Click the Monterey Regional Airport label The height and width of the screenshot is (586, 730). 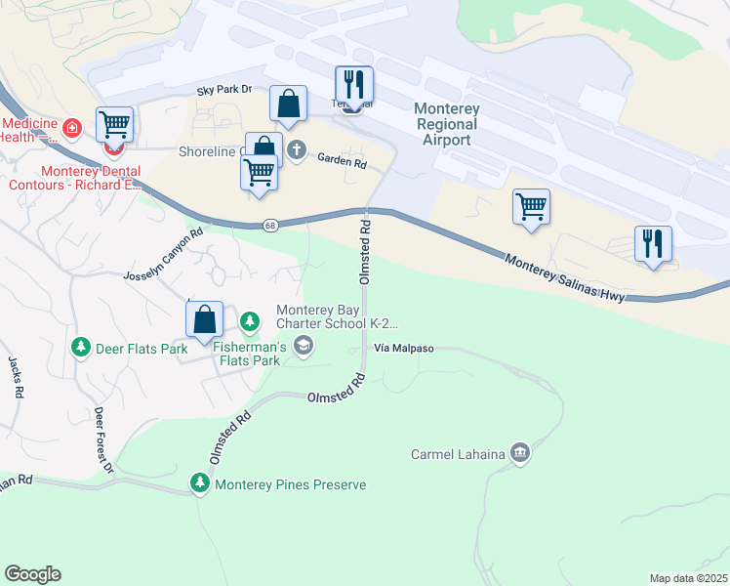pyautogui.click(x=447, y=124)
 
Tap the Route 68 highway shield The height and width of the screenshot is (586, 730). pyautogui.click(x=270, y=226)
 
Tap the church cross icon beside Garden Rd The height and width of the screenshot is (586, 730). pyautogui.click(x=297, y=151)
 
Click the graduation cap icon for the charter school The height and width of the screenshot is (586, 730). pyautogui.click(x=304, y=343)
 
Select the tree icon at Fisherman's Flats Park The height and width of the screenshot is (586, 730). pyautogui.click(x=251, y=320)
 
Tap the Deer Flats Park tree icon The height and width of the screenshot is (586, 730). pyautogui.click(x=80, y=347)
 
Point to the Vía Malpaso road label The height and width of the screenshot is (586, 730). pyautogui.click(x=402, y=348)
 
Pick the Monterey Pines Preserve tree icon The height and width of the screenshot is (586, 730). pyautogui.click(x=200, y=483)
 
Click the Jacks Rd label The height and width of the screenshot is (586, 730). pyautogui.click(x=16, y=377)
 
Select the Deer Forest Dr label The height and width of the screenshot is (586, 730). pyautogui.click(x=104, y=439)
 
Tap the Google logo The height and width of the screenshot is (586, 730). pyautogui.click(x=32, y=574)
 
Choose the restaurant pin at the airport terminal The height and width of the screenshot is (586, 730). pyautogui.click(x=353, y=85)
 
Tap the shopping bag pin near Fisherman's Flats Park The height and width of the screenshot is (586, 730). pyautogui.click(x=204, y=320)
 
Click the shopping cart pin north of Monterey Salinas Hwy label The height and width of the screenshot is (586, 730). pyautogui.click(x=531, y=207)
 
